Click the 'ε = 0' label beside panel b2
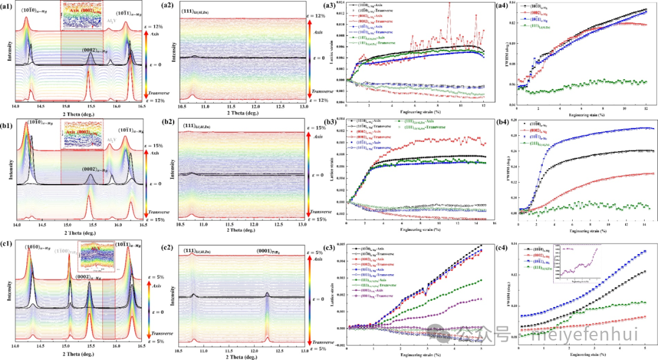[x=316, y=177]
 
